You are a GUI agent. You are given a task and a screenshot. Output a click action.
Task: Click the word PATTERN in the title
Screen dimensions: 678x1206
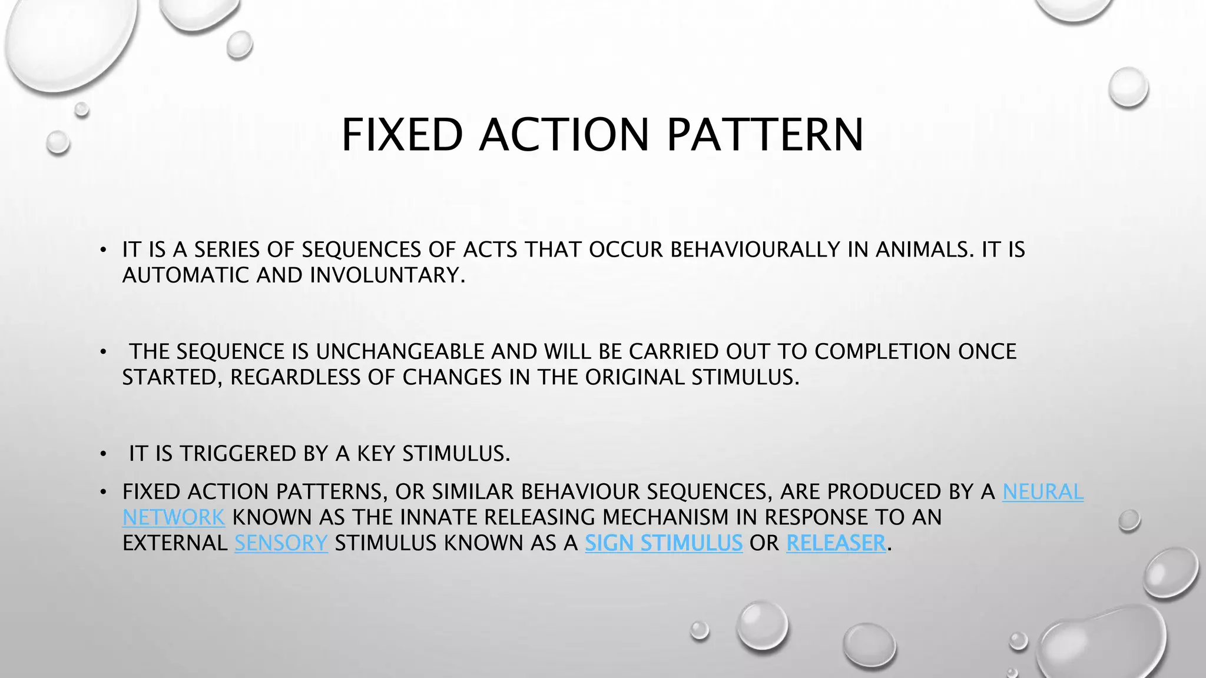click(765, 135)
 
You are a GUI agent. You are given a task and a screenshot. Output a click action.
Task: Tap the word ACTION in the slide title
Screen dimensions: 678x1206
click(564, 135)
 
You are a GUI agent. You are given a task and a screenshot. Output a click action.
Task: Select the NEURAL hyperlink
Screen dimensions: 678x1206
click(1043, 491)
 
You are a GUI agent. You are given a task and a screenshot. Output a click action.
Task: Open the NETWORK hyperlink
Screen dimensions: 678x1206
click(174, 517)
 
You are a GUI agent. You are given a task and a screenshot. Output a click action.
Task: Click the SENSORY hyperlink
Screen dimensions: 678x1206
click(281, 543)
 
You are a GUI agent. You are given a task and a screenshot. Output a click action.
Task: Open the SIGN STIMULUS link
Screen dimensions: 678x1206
click(664, 543)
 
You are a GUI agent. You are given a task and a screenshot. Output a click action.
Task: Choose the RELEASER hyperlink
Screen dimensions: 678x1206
click(836, 543)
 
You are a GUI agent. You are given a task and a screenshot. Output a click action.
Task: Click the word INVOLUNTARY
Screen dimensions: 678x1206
click(387, 275)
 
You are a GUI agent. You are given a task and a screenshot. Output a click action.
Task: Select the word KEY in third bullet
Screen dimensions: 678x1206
click(376, 454)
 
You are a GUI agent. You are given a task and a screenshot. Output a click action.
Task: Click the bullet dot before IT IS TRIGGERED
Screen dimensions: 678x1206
click(103, 454)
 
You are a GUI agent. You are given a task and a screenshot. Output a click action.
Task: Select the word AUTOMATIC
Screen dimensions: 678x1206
click(185, 275)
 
